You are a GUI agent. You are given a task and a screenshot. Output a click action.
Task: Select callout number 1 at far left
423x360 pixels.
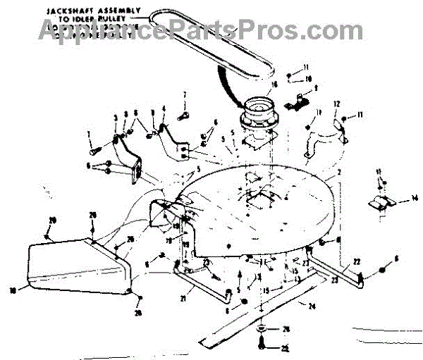click(x=90, y=134)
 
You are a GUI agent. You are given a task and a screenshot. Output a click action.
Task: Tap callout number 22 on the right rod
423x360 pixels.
click(x=357, y=261)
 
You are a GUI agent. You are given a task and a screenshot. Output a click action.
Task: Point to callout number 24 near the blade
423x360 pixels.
click(x=311, y=305)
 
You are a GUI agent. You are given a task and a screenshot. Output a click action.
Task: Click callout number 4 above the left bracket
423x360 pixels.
click(x=164, y=109)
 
